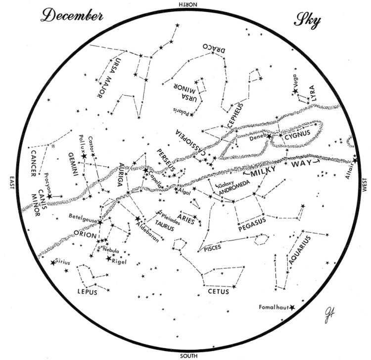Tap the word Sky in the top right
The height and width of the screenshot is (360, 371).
click(x=307, y=20)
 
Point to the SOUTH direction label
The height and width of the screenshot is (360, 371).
click(x=188, y=356)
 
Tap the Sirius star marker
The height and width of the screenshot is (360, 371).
click(x=53, y=263)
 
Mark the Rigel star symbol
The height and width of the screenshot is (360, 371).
click(x=109, y=258)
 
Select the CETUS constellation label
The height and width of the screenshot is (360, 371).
click(x=218, y=292)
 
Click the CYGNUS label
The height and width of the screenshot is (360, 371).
click(x=304, y=133)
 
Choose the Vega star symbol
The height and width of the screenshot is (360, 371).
click(x=295, y=91)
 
